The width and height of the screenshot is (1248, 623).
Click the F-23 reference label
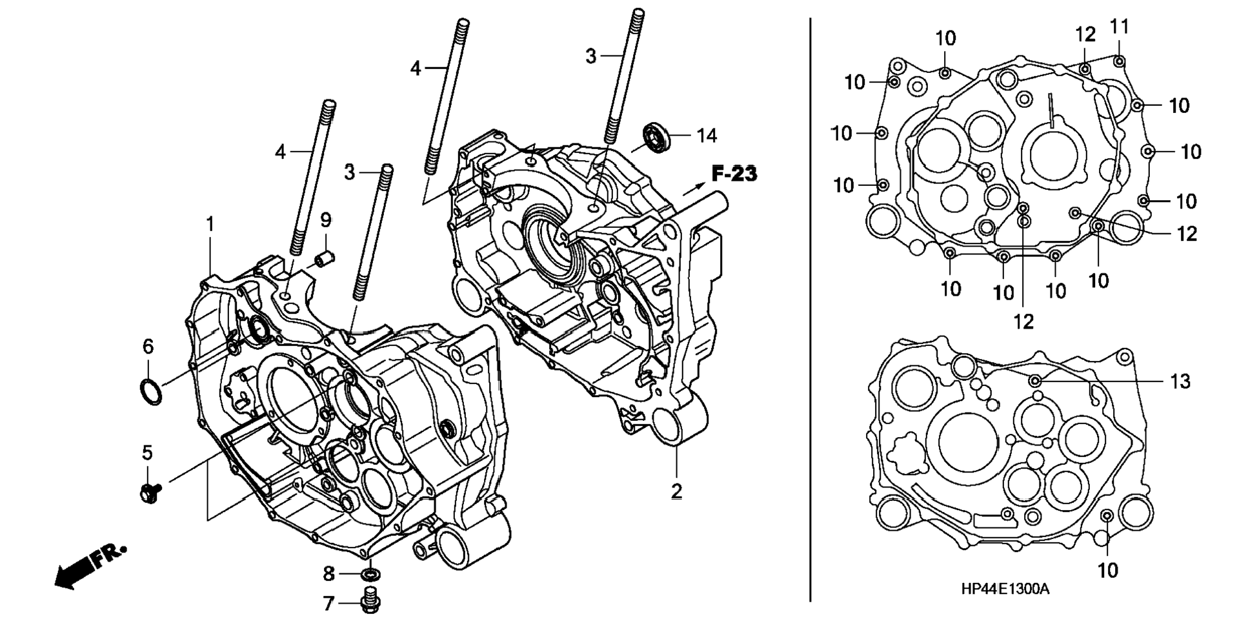pos(734,174)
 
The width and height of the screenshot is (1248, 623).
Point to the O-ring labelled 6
pos(150,391)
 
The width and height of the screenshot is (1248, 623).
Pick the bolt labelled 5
pos(150,493)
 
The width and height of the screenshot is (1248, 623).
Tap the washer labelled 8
pos(371,573)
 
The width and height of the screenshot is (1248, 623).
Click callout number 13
pos(1180,382)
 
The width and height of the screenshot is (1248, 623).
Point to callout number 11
pos(1120,27)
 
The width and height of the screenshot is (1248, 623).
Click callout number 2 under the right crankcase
pos(676,491)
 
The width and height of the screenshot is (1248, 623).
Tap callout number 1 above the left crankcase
pos(210,225)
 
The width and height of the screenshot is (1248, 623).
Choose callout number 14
pos(707,136)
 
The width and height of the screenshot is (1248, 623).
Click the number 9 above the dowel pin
pos(326,220)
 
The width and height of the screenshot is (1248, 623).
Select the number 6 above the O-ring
pos(148,347)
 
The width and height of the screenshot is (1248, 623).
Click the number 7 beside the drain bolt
pos(328,604)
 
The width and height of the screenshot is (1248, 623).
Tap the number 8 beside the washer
pos(328,573)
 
